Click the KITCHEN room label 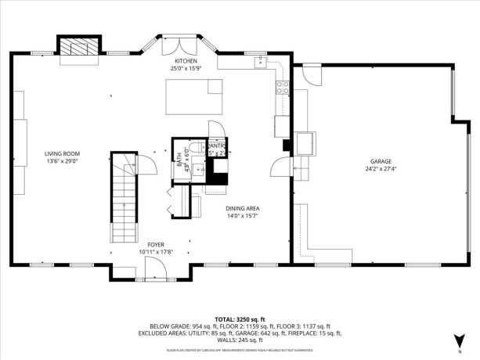pyautogui.click(x=186, y=60)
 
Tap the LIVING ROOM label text pyautogui.click(x=62, y=153)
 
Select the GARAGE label pyautogui.click(x=381, y=161)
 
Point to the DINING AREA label pyautogui.click(x=242, y=208)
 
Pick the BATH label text pyautogui.click(x=179, y=160)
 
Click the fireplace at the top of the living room pyautogui.click(x=79, y=47)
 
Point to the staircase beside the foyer pyautogui.click(x=122, y=200)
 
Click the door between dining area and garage pyautogui.click(x=278, y=165)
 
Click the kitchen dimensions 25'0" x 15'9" pyautogui.click(x=186, y=68)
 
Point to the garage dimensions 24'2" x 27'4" pyautogui.click(x=381, y=169)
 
